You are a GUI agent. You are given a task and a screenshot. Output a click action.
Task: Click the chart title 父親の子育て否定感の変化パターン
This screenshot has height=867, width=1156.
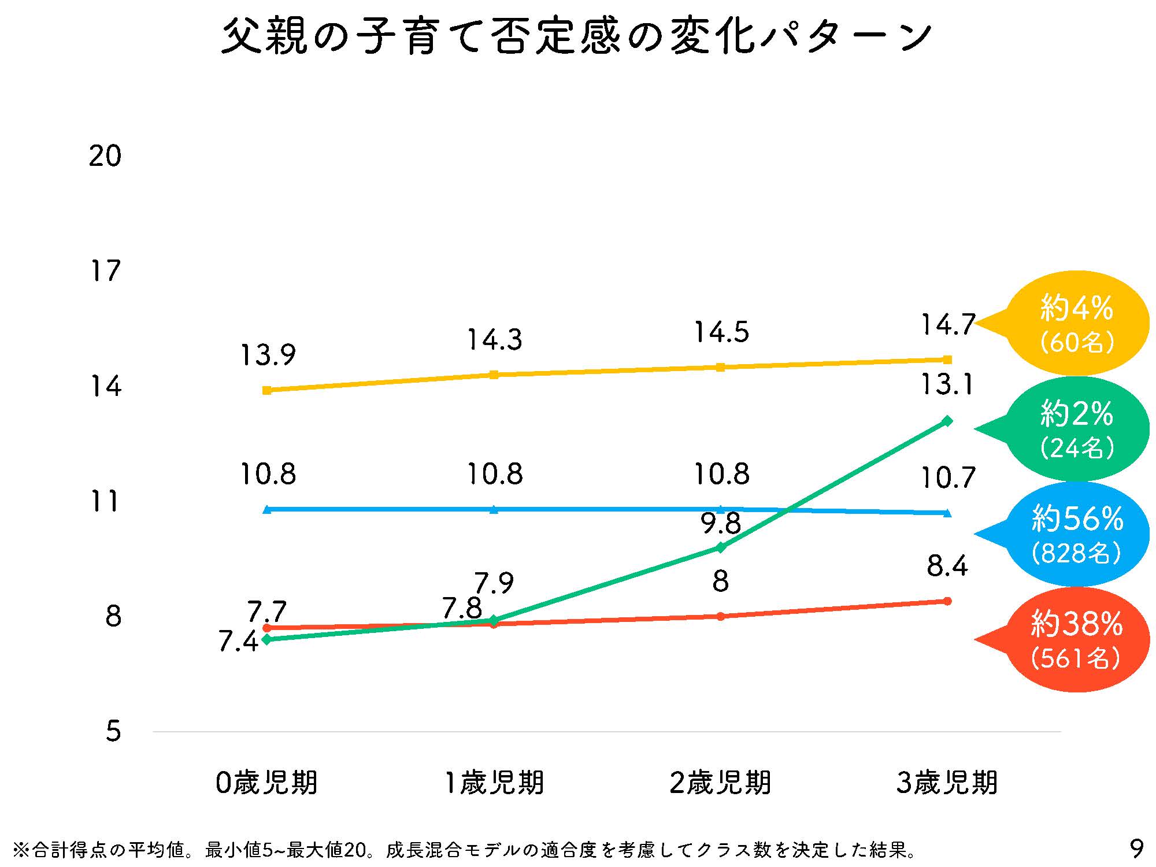tap(576, 36)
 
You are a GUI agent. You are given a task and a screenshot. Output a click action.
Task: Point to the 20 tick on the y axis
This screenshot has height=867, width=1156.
tap(105, 156)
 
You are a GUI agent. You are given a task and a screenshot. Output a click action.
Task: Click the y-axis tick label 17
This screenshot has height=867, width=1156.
tap(105, 271)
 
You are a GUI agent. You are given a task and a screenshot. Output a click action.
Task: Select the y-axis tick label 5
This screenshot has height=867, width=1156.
tap(113, 732)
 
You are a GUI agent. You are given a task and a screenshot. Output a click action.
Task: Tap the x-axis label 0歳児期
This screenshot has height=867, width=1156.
tap(266, 783)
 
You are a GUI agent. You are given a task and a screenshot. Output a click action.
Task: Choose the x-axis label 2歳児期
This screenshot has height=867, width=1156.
tap(720, 783)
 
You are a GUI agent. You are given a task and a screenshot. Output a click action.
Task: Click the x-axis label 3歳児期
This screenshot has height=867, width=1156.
tap(947, 783)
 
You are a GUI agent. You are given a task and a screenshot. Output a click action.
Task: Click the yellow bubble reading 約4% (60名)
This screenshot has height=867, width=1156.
tap(1076, 324)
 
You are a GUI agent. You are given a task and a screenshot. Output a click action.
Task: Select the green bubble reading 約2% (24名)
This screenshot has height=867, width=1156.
tap(1076, 429)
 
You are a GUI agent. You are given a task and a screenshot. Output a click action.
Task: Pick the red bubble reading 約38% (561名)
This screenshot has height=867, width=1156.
tap(1076, 640)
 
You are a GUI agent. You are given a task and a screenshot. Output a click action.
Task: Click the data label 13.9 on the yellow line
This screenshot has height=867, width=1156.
tap(268, 354)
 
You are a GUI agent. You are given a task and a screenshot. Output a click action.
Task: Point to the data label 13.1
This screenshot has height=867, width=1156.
tap(946, 384)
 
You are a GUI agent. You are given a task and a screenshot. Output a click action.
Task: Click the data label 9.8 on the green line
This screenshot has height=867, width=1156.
tap(721, 524)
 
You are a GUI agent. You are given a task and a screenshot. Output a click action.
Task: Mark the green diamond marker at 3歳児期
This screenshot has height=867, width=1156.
tap(947, 421)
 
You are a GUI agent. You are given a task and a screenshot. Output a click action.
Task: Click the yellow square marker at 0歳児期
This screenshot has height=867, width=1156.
tap(266, 390)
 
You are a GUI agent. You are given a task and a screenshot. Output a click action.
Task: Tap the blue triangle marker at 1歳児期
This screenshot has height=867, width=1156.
tap(494, 509)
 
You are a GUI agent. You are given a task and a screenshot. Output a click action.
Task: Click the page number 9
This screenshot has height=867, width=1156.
tap(1136, 849)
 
